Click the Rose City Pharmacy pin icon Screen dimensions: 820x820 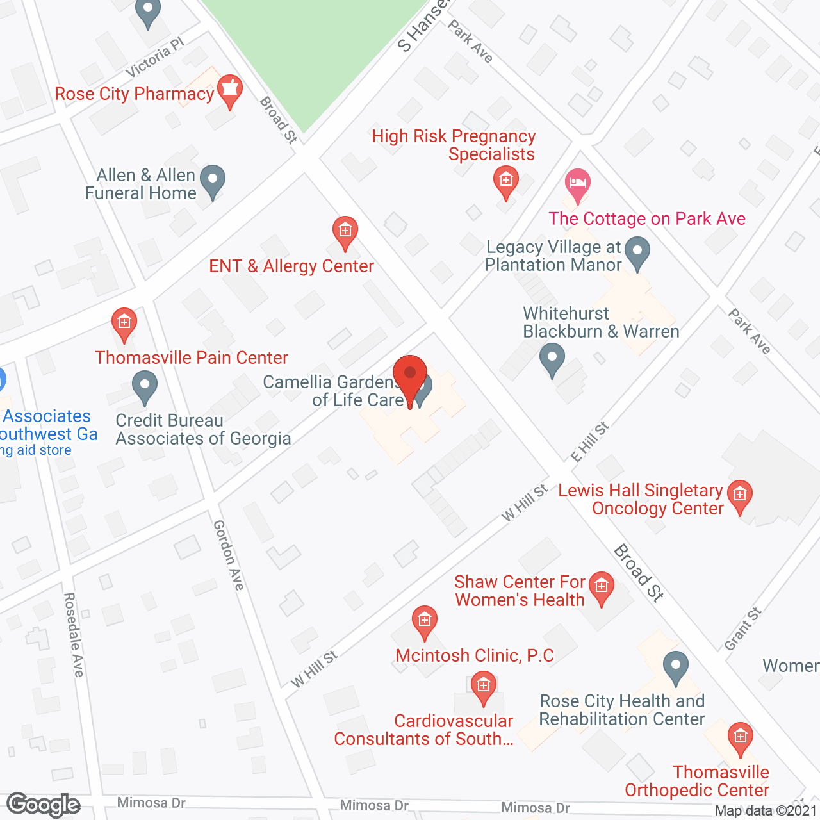(229, 91)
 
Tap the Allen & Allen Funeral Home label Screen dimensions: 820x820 (141, 184)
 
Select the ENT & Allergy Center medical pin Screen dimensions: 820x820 (345, 232)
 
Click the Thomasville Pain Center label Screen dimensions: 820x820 (192, 357)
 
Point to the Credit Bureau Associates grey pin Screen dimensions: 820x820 (145, 387)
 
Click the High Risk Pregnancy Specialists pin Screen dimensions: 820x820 (506, 182)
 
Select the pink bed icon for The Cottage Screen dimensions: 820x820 (578, 184)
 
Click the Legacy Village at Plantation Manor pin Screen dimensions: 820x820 (637, 252)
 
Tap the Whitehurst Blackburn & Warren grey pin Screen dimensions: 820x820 (552, 359)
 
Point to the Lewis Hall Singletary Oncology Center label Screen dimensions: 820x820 (641, 499)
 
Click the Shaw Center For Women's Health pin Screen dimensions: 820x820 (601, 587)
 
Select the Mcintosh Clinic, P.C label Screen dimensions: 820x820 (475, 655)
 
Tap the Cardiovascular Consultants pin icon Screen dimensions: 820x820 (484, 687)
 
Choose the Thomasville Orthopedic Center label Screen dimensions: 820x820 (697, 781)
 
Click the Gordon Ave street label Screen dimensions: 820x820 (229, 555)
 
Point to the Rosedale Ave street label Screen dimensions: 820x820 (74, 634)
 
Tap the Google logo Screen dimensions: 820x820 (44, 805)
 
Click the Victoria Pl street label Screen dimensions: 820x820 (155, 57)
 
